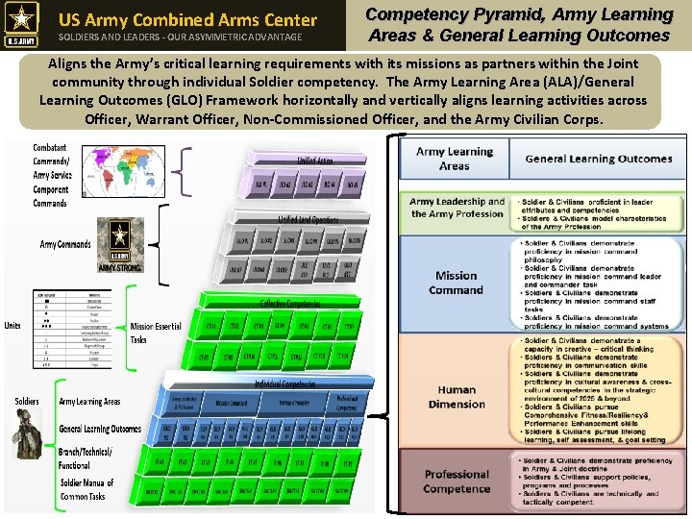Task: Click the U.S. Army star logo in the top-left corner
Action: tap(23, 25)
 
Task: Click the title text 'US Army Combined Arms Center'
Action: tap(187, 19)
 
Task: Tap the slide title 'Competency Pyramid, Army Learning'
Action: tap(518, 14)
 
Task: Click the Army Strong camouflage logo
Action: tap(119, 244)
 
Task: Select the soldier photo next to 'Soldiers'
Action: tap(27, 432)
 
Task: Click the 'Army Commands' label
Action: tap(65, 244)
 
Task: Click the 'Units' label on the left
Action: tap(12, 324)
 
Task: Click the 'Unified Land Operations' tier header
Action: tap(308, 220)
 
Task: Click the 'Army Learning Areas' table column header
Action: tap(454, 159)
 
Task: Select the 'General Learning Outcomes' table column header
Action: tap(598, 159)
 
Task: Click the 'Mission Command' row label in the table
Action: tap(456, 283)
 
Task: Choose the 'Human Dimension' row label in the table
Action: tap(456, 397)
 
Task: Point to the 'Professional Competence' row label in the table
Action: tap(456, 481)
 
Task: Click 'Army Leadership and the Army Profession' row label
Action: tap(457, 208)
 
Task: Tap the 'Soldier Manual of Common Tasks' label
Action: tap(86, 489)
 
